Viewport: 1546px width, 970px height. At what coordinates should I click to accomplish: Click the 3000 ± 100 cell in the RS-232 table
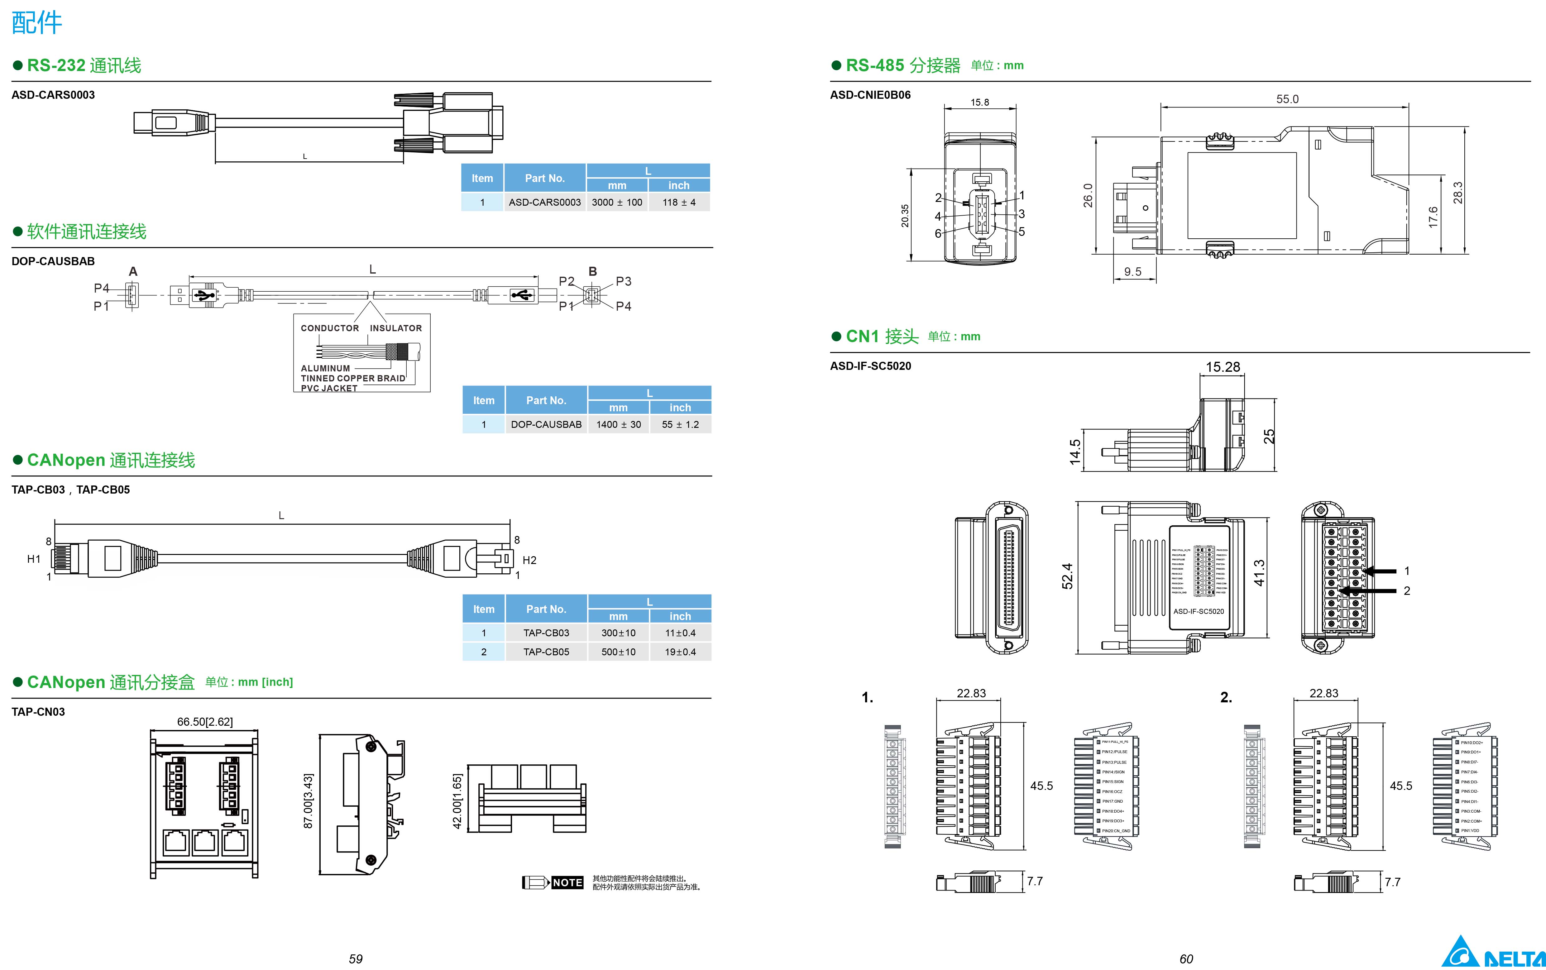[616, 202]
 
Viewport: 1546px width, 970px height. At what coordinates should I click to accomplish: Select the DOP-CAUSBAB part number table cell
[546, 424]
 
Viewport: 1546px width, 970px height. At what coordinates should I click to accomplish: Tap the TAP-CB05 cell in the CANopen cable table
[546, 652]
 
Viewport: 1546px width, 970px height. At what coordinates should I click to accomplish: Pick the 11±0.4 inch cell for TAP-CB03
[680, 633]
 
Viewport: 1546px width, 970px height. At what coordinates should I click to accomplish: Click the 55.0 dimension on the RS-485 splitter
[1287, 99]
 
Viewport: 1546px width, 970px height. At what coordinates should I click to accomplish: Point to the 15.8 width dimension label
[979, 102]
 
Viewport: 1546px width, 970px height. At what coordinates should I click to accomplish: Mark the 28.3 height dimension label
[1457, 193]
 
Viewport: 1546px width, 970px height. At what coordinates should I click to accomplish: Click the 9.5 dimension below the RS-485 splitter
[1133, 271]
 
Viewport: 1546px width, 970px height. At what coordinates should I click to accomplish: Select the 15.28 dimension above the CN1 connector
[1223, 367]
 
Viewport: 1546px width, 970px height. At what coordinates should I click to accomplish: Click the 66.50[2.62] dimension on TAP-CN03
[205, 722]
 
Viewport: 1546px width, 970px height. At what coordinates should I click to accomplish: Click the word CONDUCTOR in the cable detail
[330, 328]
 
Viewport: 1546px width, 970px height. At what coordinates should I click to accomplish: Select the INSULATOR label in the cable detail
[396, 328]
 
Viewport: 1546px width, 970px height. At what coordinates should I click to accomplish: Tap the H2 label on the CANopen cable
[529, 560]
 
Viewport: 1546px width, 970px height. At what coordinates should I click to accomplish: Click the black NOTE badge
[567, 883]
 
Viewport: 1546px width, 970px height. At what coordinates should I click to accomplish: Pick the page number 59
[355, 958]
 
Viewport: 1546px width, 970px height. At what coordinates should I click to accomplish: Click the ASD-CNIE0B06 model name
[870, 95]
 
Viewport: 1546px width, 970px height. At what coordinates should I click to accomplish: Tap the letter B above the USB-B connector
[593, 271]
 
